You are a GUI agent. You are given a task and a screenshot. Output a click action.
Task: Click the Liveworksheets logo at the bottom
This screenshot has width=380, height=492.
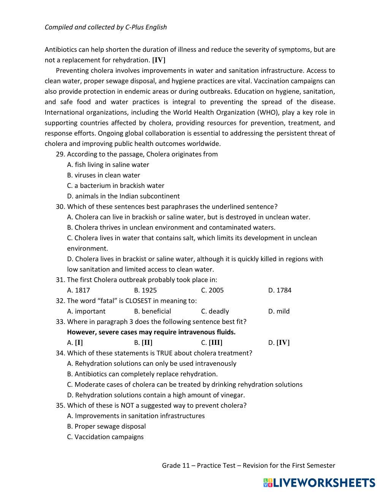(x=319, y=482)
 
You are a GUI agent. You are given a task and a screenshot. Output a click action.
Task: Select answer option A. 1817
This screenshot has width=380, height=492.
(x=79, y=290)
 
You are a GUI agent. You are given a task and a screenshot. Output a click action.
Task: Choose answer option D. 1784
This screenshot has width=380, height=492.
(x=280, y=290)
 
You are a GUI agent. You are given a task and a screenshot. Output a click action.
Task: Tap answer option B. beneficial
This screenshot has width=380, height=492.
(x=152, y=311)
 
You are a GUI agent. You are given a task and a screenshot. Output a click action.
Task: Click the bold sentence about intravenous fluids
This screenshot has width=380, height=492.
(x=151, y=332)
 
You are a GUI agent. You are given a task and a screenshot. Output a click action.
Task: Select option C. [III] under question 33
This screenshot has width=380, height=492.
(x=212, y=342)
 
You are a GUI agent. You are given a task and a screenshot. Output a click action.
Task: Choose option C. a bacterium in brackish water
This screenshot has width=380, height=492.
(x=116, y=186)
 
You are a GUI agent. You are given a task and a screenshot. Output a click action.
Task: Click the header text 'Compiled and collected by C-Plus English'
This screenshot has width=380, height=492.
(x=106, y=27)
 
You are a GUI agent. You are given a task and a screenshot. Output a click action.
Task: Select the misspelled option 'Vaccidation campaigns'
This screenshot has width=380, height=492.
(x=105, y=436)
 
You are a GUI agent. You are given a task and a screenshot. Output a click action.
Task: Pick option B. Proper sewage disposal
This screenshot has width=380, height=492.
(x=106, y=426)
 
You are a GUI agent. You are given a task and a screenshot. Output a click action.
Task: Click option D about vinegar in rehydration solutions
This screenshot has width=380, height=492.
(x=156, y=395)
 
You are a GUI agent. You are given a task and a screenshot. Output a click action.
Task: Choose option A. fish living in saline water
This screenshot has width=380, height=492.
(x=108, y=165)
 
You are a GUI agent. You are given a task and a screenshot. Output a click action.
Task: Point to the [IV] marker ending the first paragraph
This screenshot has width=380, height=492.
(x=159, y=60)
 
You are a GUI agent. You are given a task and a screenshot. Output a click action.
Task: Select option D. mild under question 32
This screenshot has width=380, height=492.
(x=279, y=311)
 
